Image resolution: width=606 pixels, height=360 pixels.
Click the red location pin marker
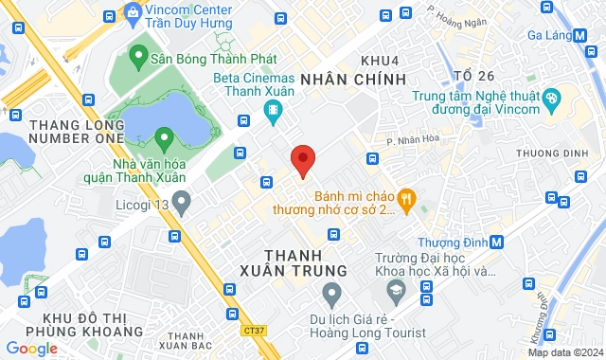pyautogui.click(x=302, y=159)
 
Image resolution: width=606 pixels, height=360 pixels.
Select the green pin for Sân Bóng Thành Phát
pyautogui.click(x=136, y=56)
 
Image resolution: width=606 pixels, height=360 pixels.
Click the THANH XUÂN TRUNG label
pyautogui.click(x=307, y=262)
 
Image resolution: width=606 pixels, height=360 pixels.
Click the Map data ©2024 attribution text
pyautogui.click(x=564, y=352)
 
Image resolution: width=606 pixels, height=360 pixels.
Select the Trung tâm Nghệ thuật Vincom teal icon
pyautogui.click(x=553, y=98)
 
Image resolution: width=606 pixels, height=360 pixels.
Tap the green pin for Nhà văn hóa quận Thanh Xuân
pyautogui.click(x=164, y=139)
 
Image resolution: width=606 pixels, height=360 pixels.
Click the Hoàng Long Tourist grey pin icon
pyautogui.click(x=332, y=297)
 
